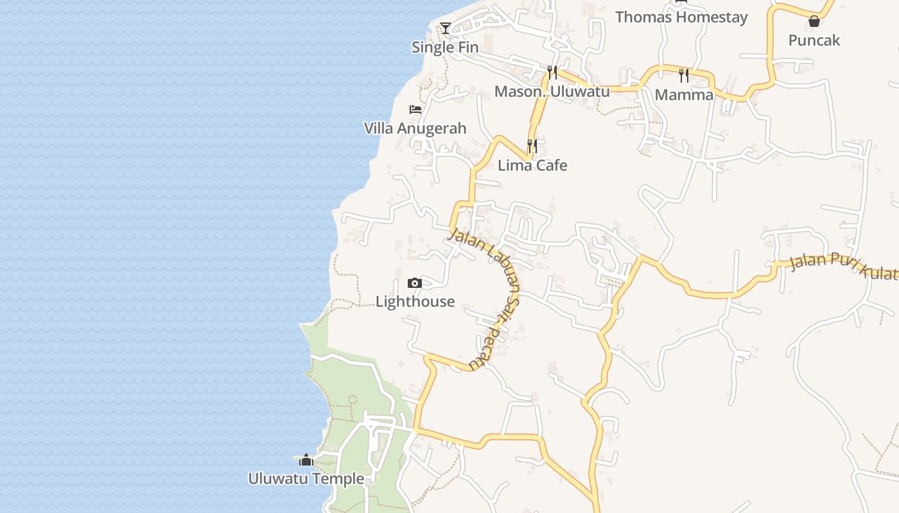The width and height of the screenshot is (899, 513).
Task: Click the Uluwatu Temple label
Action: click(306, 479)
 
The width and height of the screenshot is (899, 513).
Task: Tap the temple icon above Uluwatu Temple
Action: click(306, 460)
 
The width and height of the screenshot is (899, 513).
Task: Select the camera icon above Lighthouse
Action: click(415, 283)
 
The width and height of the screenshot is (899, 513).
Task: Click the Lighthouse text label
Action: click(415, 301)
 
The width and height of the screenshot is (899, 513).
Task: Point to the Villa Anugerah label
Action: click(415, 128)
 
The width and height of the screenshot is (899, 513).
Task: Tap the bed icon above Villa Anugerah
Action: click(415, 110)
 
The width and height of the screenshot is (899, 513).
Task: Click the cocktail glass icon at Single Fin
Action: click(445, 28)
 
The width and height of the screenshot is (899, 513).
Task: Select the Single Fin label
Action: click(445, 47)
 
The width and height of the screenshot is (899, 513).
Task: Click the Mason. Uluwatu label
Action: click(552, 92)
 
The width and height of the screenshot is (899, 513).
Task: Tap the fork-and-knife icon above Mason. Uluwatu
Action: click(552, 72)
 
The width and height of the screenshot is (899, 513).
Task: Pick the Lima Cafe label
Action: click(532, 165)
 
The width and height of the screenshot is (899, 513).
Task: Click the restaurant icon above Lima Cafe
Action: click(532, 146)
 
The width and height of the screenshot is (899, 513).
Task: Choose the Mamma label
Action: click(684, 95)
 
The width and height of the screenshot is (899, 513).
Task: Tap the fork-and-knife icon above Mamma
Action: click(684, 76)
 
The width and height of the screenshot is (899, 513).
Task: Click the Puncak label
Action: click(814, 40)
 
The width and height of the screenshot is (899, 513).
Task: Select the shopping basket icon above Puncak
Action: click(814, 21)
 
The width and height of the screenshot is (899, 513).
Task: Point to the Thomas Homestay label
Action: click(681, 17)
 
